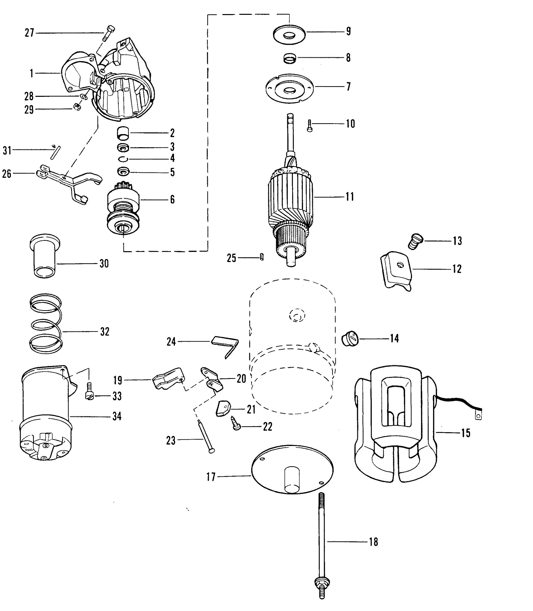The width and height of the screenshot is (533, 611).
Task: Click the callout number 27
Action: pos(29,33)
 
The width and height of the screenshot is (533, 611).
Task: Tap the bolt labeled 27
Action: pos(109,33)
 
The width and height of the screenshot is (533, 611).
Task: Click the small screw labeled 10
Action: pos(310,125)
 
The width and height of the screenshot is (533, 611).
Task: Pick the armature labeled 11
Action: pos(291,190)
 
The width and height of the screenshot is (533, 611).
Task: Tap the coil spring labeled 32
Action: pos(46,324)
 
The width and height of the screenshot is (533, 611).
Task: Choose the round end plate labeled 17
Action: pos(292,474)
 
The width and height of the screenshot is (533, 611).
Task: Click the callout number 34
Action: pos(117,416)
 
